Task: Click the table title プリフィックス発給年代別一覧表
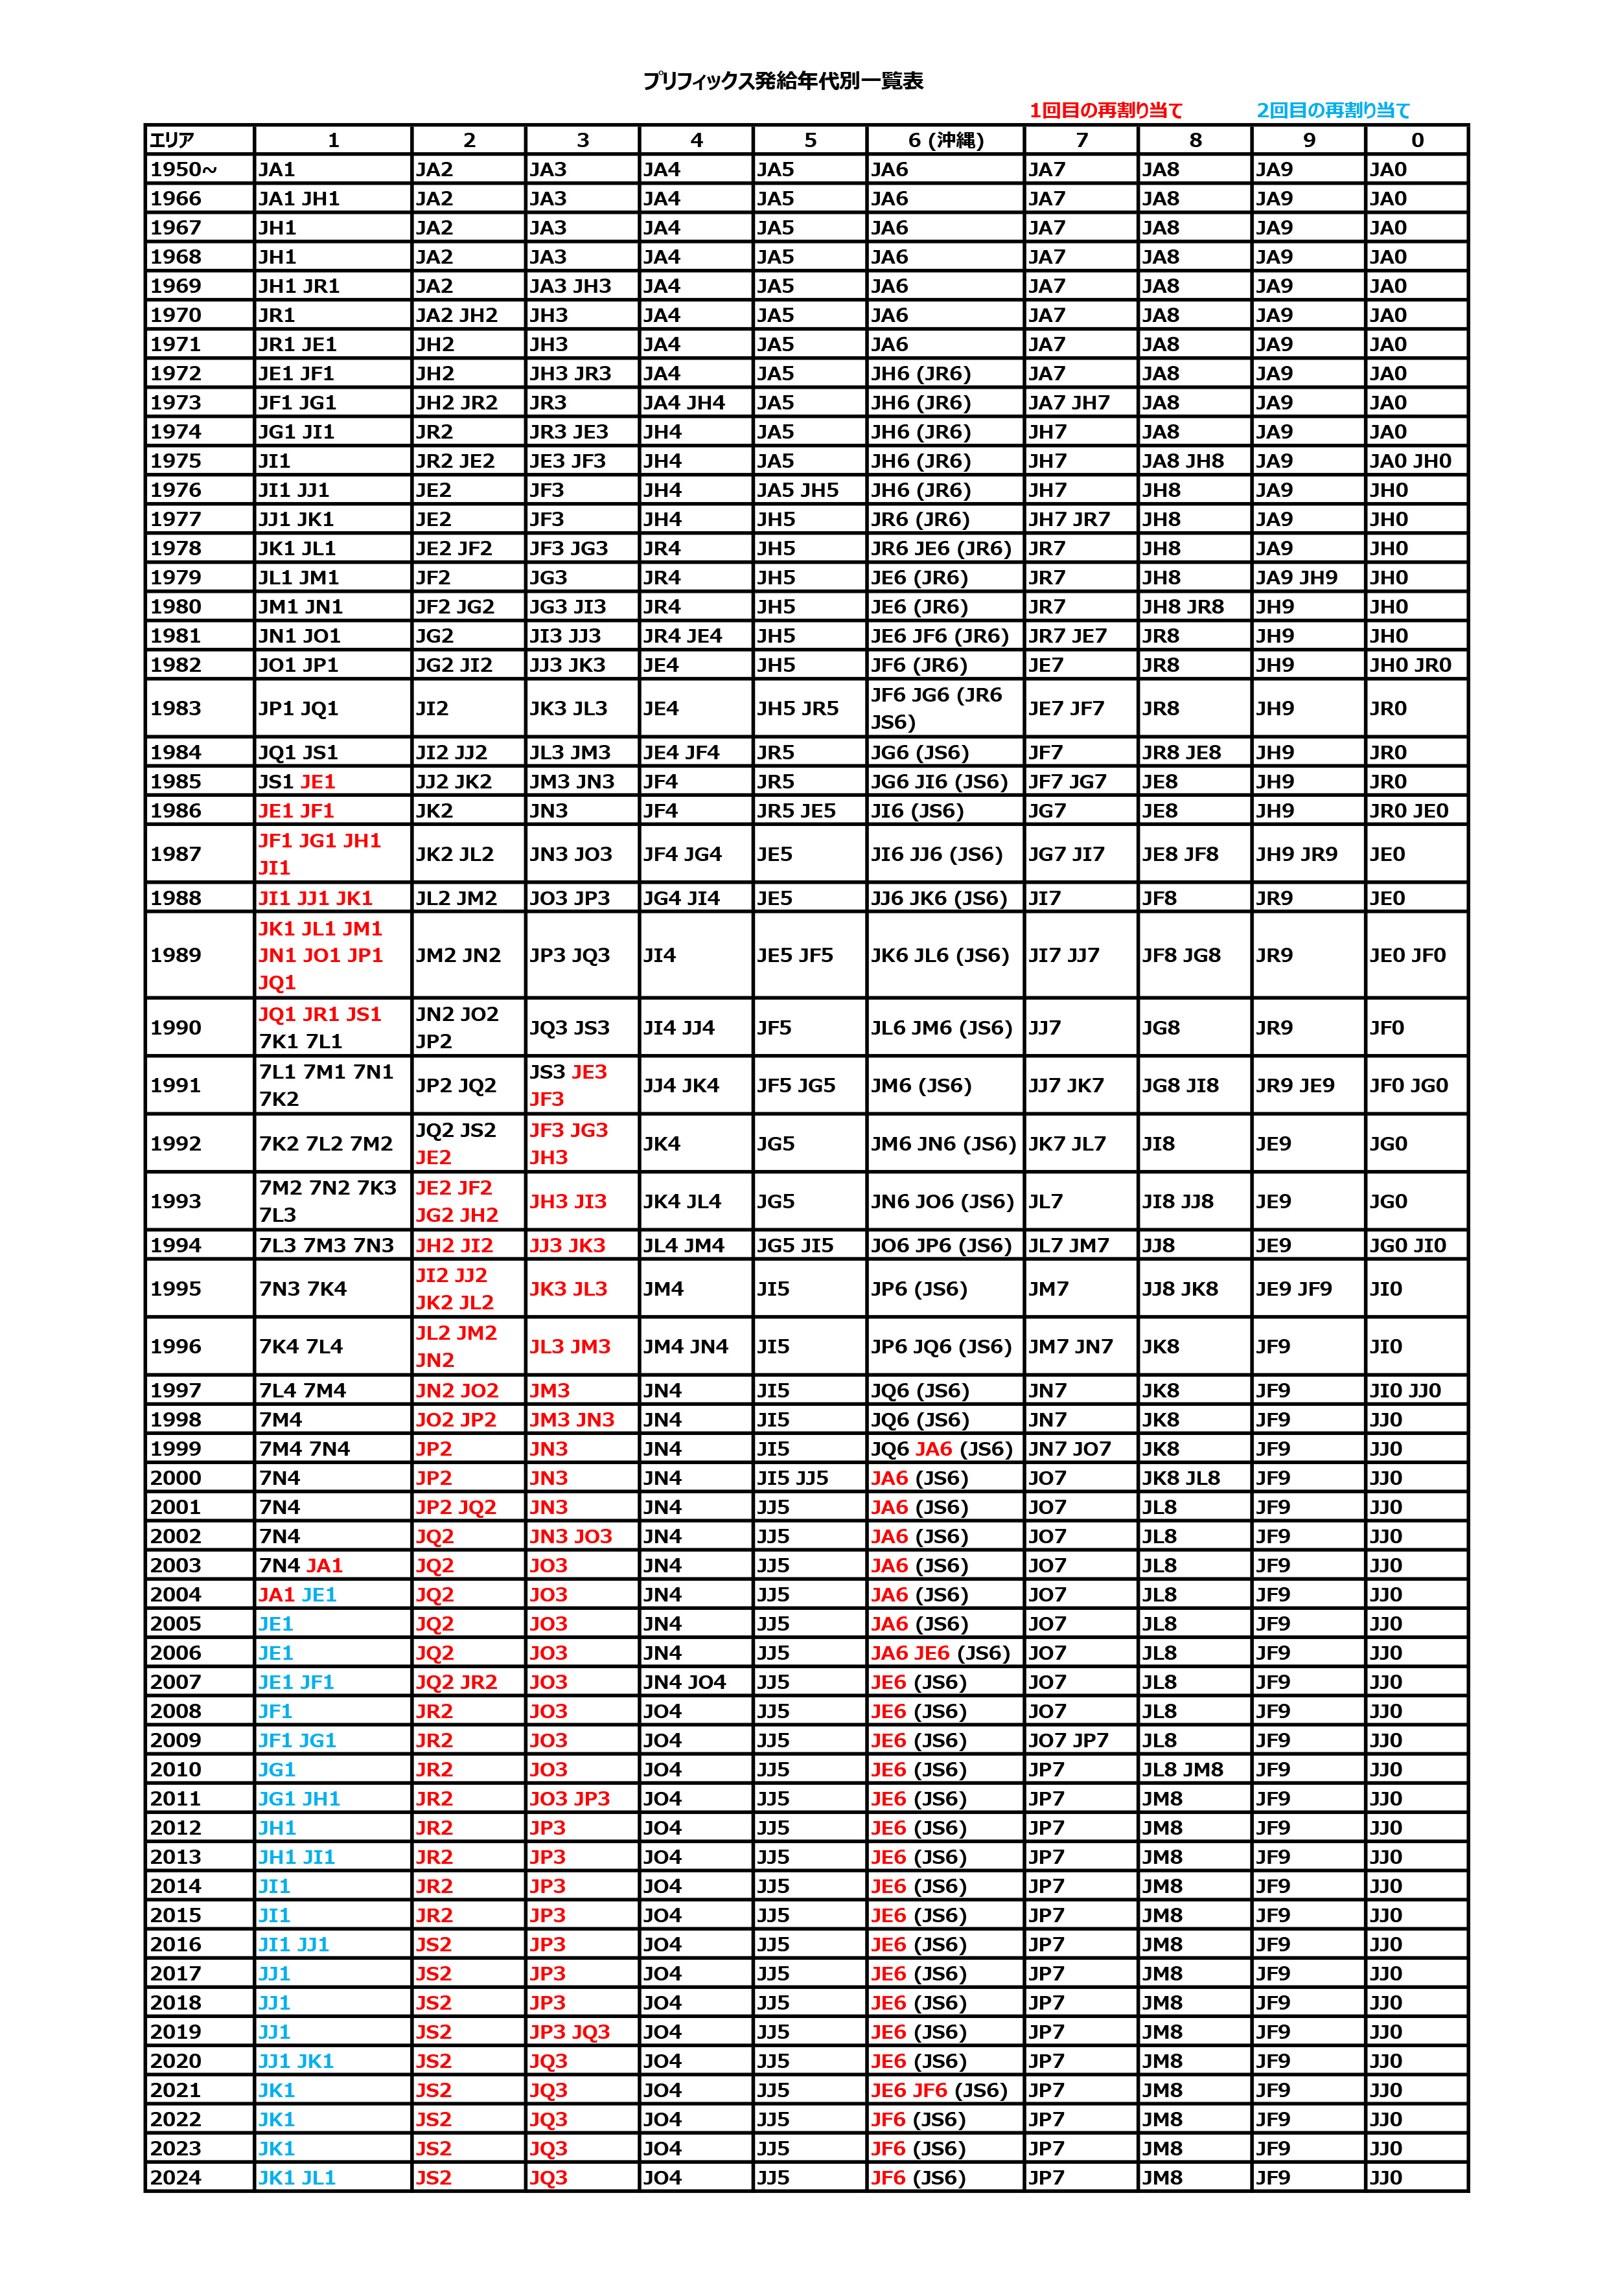(x=783, y=81)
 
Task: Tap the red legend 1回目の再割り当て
(x=1105, y=111)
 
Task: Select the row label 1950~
(x=183, y=169)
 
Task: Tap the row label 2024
(x=176, y=2177)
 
